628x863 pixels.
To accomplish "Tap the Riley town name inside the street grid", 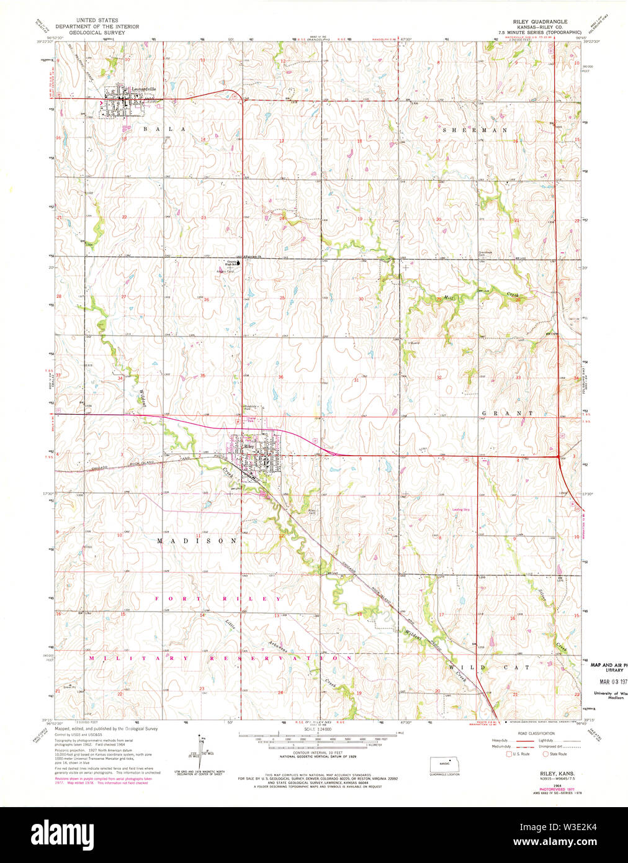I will pyautogui.click(x=249, y=446).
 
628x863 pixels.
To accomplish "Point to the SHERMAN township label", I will pyautogui.click(x=475, y=130).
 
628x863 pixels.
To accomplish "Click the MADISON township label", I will pyautogui.click(x=197, y=541).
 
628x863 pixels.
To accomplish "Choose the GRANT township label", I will pyautogui.click(x=508, y=412).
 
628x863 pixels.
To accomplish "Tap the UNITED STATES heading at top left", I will pyautogui.click(x=97, y=20).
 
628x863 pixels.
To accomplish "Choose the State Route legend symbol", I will pyautogui.click(x=545, y=754).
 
